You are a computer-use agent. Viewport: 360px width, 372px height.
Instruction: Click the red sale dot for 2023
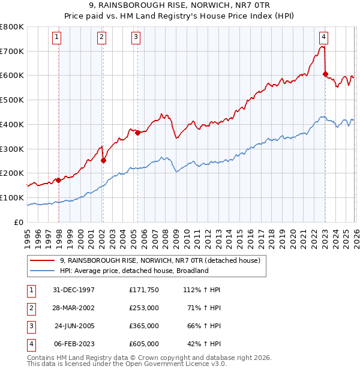point(325,74)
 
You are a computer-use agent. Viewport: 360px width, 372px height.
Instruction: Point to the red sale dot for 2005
point(137,133)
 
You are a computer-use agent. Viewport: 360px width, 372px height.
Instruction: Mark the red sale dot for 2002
point(103,160)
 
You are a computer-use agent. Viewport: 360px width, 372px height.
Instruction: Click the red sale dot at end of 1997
point(58,180)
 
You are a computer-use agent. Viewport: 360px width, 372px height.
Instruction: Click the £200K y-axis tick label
point(12,173)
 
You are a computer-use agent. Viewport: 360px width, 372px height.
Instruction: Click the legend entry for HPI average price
point(133,271)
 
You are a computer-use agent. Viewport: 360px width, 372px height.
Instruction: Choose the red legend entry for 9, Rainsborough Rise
point(160,260)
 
